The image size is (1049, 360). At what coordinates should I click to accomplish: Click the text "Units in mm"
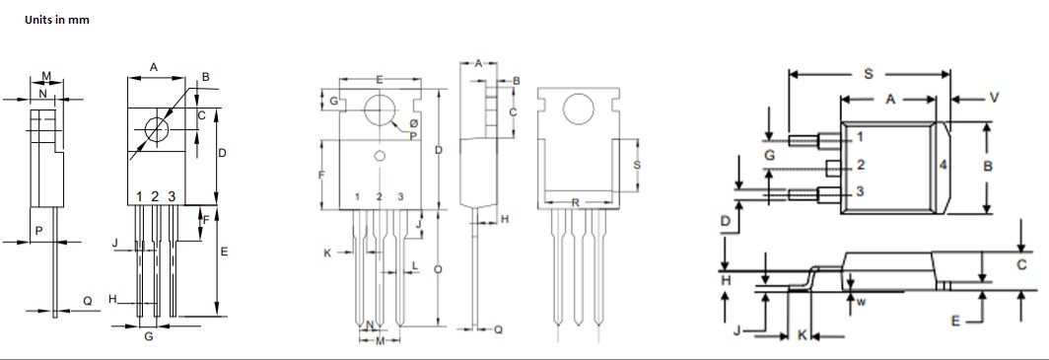click(x=57, y=20)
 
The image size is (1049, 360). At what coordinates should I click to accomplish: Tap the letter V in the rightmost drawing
click(x=994, y=97)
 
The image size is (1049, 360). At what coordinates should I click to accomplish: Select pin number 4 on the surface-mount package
click(x=944, y=165)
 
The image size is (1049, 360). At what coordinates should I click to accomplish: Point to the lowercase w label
click(x=860, y=302)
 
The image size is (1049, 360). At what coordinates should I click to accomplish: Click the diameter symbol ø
click(x=414, y=123)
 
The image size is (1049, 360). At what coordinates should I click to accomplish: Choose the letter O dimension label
click(x=439, y=268)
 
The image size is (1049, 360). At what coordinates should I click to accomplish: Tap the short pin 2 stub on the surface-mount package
click(x=833, y=165)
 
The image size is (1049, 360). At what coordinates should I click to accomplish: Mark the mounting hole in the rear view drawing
click(x=579, y=109)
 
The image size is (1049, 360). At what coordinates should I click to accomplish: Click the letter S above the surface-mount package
click(x=868, y=72)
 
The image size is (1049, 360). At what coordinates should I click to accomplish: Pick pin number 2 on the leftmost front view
click(x=156, y=196)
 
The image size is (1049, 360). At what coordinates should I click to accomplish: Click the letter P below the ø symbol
click(x=414, y=136)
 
